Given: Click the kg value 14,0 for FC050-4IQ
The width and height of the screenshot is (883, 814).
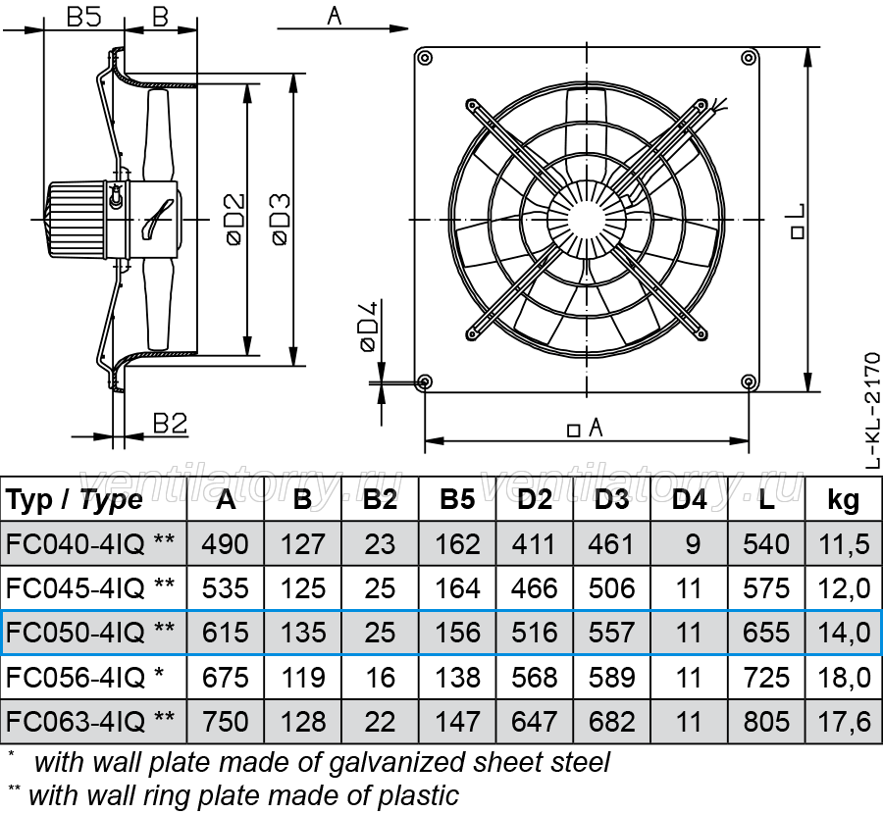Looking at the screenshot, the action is (x=844, y=633).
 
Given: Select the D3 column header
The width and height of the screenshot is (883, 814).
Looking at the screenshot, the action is (x=611, y=499).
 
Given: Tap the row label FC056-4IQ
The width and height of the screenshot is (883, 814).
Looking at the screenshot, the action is (x=76, y=678).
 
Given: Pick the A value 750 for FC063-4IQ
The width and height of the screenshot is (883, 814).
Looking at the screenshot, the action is (x=226, y=722).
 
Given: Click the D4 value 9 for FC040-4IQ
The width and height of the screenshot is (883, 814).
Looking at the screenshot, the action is (x=693, y=544).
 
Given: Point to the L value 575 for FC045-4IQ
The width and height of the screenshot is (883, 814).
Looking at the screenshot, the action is (x=766, y=588).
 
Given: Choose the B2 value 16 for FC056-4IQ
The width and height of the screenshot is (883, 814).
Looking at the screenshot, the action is (x=380, y=678).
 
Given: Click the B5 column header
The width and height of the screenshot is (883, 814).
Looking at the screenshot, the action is (x=457, y=499).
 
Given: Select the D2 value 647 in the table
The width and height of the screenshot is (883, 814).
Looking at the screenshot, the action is (x=535, y=722).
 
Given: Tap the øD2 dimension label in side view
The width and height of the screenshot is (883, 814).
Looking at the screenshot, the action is (x=235, y=219).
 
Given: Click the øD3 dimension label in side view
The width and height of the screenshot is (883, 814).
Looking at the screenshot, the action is (x=281, y=219).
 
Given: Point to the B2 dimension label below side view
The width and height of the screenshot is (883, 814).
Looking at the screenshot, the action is (x=170, y=423).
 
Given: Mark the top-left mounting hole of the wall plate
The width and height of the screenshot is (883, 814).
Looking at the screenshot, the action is (x=425, y=57).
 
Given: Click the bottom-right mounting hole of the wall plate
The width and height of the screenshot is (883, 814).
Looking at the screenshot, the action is (x=749, y=382).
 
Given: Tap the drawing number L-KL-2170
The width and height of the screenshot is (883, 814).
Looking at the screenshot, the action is (x=872, y=410).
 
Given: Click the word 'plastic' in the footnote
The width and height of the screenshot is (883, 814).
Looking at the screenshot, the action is (x=418, y=796).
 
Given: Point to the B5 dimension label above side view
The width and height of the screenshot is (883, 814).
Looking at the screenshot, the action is (x=84, y=17).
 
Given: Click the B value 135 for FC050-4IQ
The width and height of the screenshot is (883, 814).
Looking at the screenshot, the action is (x=303, y=633).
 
